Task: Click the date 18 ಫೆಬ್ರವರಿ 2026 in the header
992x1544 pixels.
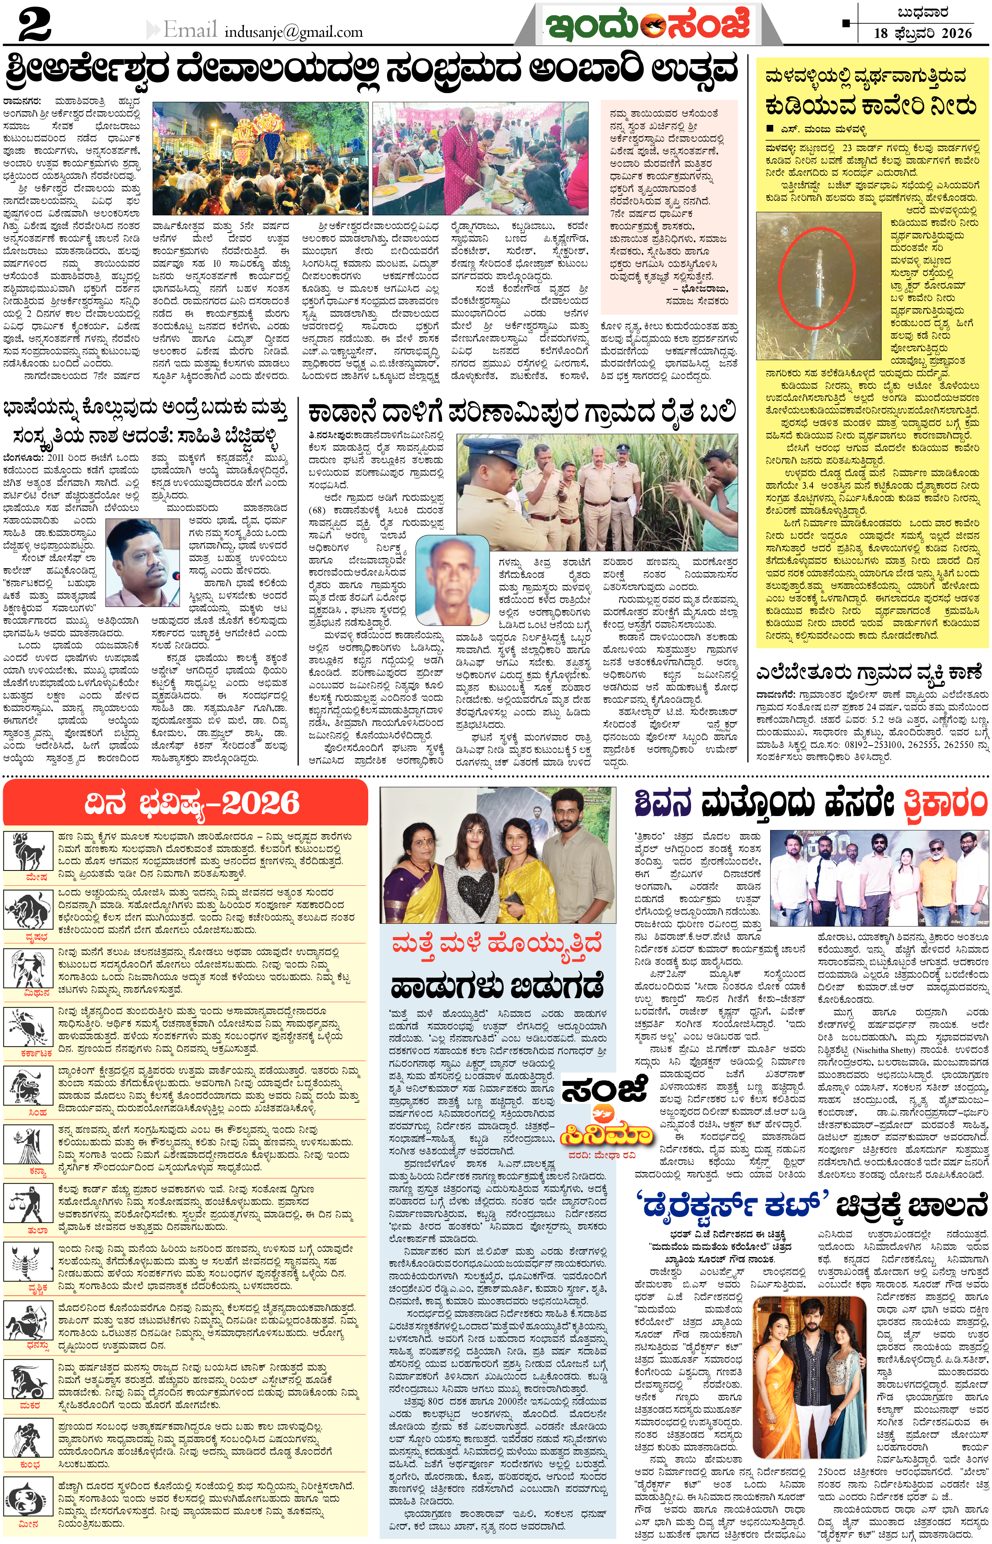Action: click(922, 34)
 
